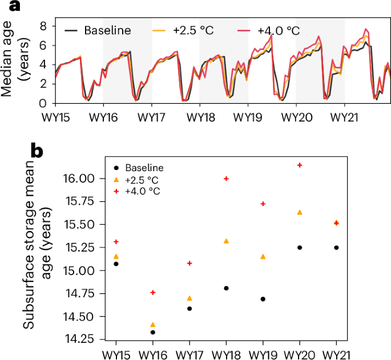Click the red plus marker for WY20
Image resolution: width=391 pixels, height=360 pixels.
tap(300, 165)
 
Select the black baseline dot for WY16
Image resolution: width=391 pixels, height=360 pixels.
tap(153, 332)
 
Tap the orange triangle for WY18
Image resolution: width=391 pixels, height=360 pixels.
tap(227, 241)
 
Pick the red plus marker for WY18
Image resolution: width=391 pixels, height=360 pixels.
tap(227, 179)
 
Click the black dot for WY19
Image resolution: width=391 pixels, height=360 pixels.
tap(263, 299)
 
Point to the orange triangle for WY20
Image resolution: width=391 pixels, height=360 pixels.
tap(300, 212)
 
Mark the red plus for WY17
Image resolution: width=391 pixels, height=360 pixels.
tap(190, 263)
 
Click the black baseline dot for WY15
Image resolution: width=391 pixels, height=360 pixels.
tap(116, 264)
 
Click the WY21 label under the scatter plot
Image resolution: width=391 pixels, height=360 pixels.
tap(336, 354)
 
